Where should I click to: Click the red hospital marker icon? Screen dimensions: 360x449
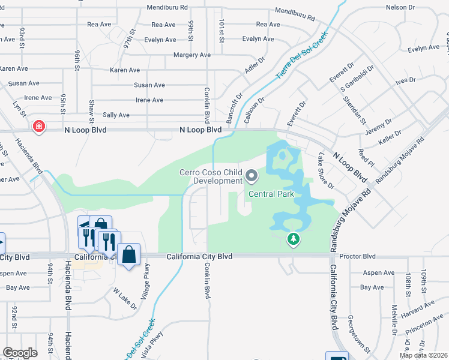[x=39, y=127]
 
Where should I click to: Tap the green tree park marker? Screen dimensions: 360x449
[x=294, y=239]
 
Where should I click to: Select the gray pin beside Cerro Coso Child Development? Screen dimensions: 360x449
[x=252, y=176]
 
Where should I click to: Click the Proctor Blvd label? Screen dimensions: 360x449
[x=357, y=256]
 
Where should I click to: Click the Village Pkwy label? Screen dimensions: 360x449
[x=145, y=278]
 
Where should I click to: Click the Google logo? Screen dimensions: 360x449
[x=20, y=353]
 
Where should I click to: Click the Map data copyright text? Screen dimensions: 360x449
[x=423, y=355]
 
